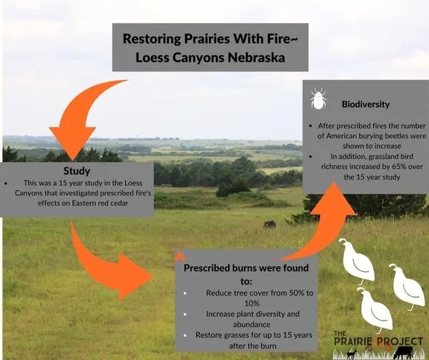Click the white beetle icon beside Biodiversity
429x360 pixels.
point(319,98)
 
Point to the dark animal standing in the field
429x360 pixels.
point(270,224)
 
